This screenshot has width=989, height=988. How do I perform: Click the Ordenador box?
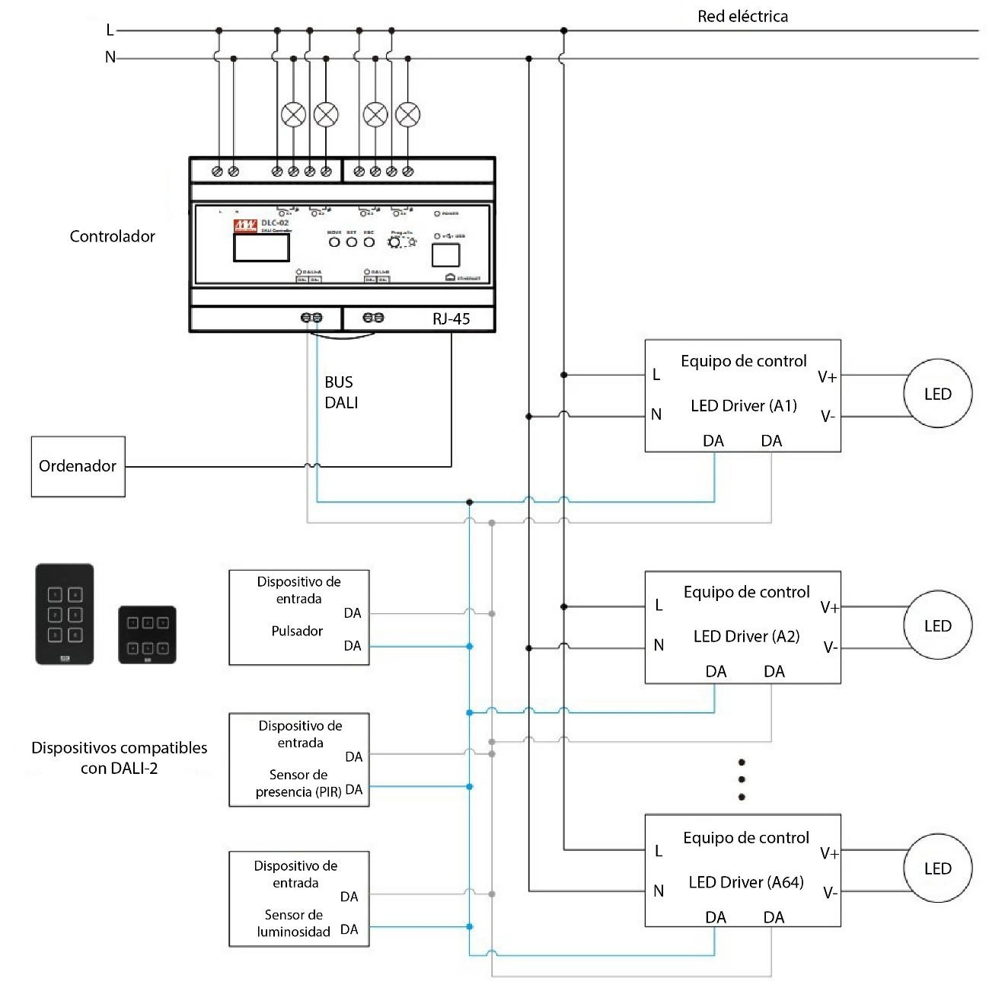point(78,466)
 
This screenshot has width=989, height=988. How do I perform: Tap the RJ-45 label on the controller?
point(451,319)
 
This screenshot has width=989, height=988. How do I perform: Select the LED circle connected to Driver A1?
point(937,395)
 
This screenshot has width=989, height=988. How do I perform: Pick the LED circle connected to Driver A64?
point(937,869)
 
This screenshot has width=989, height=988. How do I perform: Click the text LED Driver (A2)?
point(746,636)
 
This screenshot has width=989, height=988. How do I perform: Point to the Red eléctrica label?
point(742,17)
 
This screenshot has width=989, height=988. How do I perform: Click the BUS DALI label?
point(340,392)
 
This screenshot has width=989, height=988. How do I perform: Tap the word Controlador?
point(112,236)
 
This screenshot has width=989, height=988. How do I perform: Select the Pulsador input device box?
point(298,617)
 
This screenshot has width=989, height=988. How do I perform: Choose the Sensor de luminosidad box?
point(298,899)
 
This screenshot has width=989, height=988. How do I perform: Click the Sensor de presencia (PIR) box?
point(298,759)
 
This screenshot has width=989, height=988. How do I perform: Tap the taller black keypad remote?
point(65,614)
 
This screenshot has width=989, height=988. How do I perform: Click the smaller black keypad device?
point(147,635)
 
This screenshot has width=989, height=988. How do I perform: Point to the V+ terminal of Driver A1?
point(827,377)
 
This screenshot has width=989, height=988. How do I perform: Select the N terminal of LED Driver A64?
point(659,890)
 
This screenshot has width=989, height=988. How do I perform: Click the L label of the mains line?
point(110,30)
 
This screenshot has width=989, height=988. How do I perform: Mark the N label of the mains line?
point(110,57)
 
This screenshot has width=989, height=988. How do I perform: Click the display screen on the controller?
point(261,248)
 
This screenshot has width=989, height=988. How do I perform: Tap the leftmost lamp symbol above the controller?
point(293,114)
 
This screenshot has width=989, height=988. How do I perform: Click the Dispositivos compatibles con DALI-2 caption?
point(119,758)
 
